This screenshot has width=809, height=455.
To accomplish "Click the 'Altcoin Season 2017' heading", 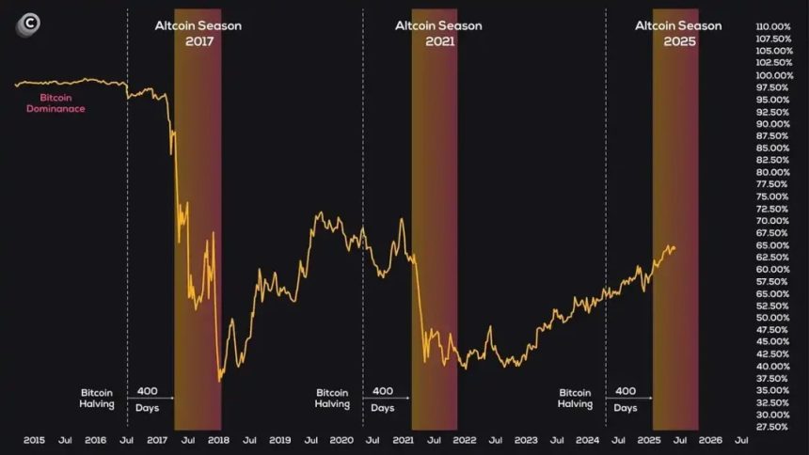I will tap(198, 33).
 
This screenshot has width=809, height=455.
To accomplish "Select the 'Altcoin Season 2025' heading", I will tap(678, 33).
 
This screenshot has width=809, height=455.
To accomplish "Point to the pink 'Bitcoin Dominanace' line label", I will tap(62, 102).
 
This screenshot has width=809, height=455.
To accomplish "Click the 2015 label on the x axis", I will tap(34, 440).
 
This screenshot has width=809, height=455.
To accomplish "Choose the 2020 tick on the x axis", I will tap(341, 440).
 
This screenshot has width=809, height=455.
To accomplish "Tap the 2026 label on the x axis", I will tap(711, 440).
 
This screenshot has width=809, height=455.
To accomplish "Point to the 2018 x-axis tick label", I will tap(218, 440).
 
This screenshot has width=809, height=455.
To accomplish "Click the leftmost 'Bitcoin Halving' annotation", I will tap(97, 398).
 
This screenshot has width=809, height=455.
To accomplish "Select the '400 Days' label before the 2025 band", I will tap(626, 399).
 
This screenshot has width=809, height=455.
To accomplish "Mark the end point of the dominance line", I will tap(674, 247).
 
